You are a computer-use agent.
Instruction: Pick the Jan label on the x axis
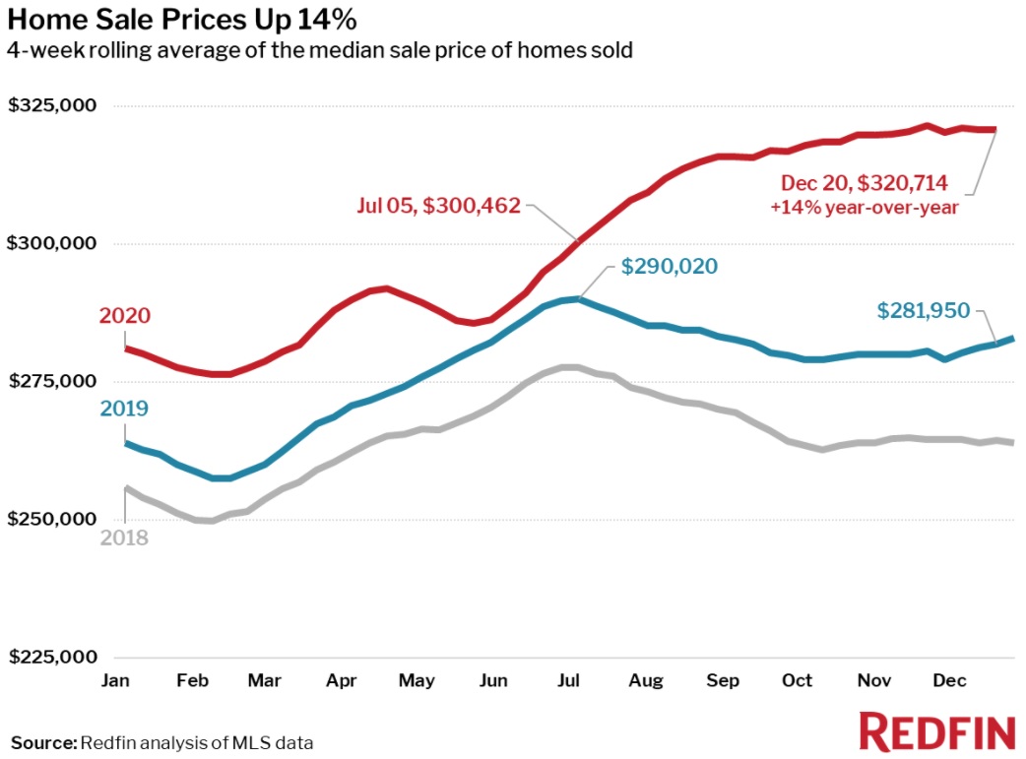tap(115, 680)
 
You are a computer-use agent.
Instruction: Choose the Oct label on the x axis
tap(798, 680)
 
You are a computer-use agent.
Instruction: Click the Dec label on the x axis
tap(949, 680)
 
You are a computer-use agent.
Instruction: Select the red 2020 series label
tap(125, 316)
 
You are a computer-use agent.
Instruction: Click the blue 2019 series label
tap(125, 409)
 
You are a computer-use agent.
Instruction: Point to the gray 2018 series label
tap(124, 538)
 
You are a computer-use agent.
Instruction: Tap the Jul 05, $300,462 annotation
tap(438, 208)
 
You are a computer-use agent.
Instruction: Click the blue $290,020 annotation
tap(670, 267)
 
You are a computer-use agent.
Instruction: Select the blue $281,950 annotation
tap(924, 311)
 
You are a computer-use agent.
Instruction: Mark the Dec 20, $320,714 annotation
tap(864, 182)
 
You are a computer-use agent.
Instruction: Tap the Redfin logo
tap(936, 733)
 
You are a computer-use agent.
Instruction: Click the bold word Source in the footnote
tap(42, 741)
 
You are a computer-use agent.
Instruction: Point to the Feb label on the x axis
tap(192, 680)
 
